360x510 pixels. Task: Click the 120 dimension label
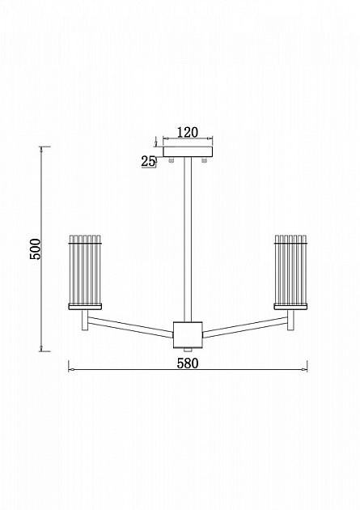(188, 133)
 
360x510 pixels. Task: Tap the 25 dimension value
(148, 161)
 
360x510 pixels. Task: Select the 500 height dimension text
(36, 249)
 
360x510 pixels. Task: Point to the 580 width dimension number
(188, 363)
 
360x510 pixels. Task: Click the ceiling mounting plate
(188, 152)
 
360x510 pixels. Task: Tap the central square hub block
(188, 335)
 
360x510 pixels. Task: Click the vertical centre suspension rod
(188, 240)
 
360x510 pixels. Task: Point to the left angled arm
(130, 326)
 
